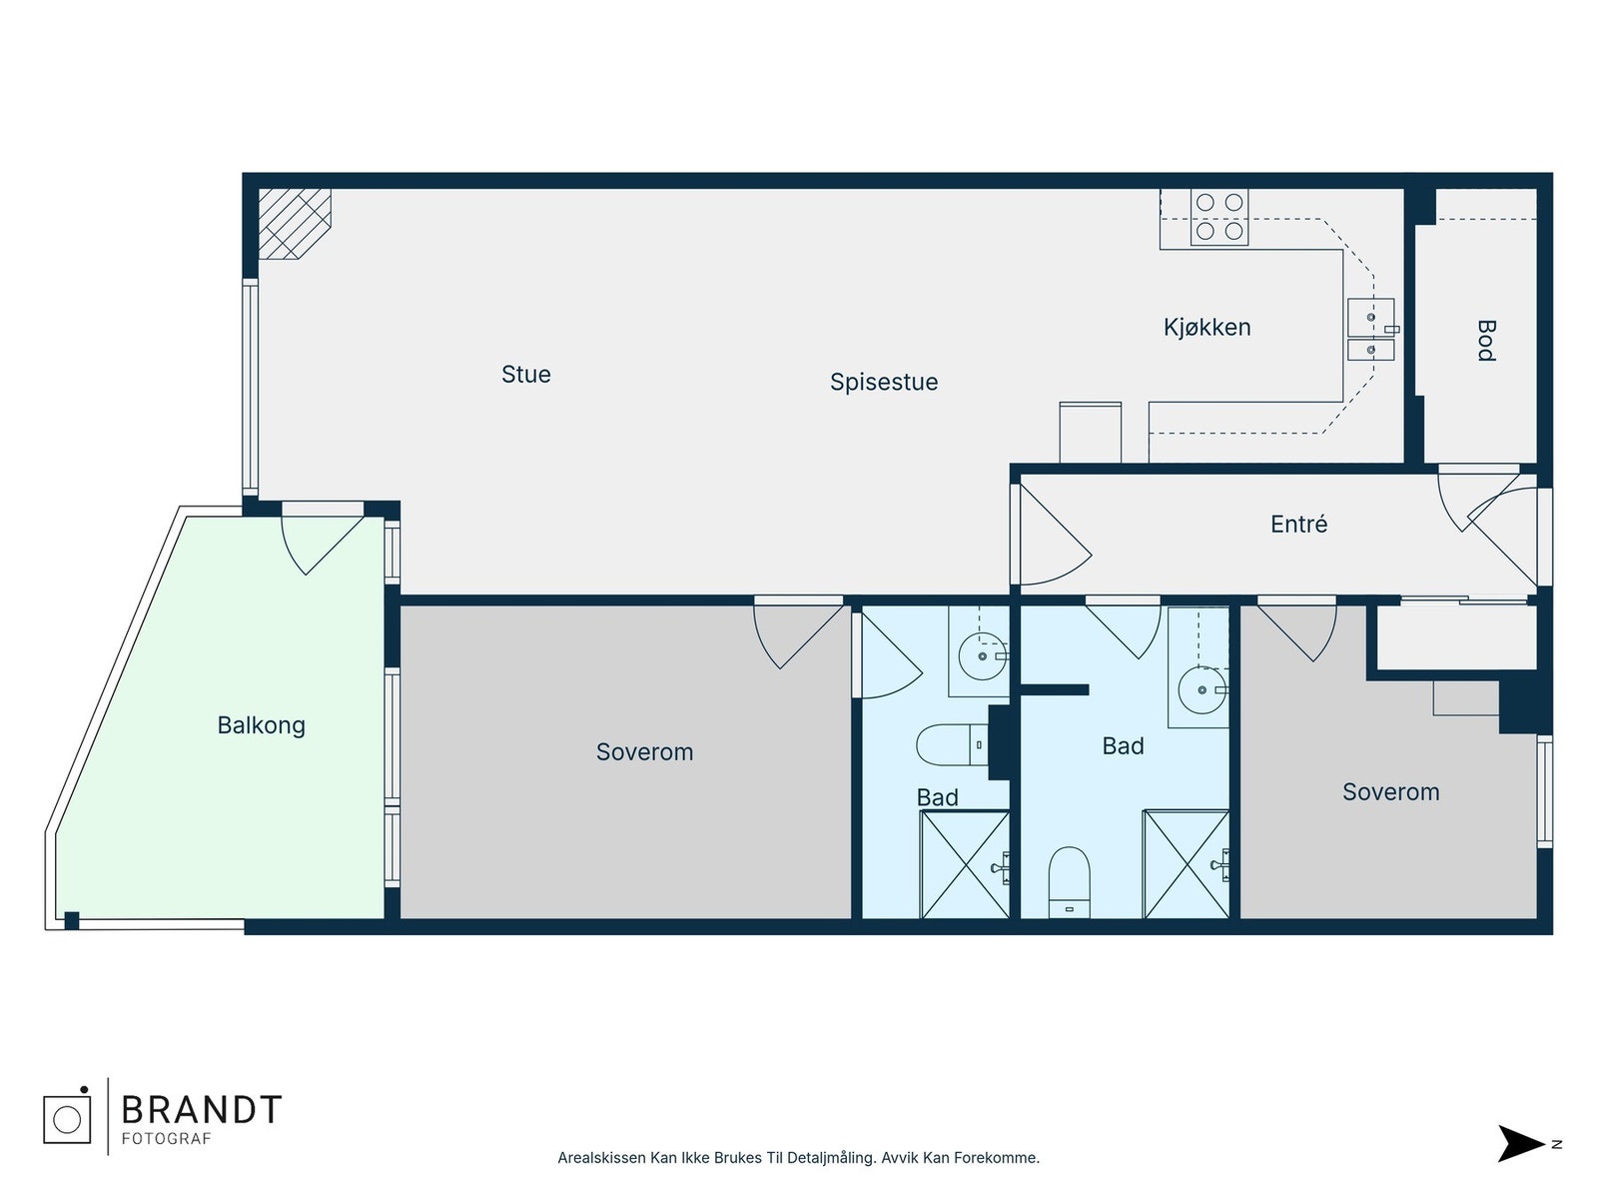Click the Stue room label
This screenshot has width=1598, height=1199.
[x=525, y=374]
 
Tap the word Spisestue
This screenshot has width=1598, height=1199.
[x=883, y=383]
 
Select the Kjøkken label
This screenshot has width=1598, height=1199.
[x=1206, y=328]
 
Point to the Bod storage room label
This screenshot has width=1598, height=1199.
[x=1486, y=341]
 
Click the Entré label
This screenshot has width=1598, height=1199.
[x=1298, y=525]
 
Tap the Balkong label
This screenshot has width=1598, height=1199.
[x=261, y=725]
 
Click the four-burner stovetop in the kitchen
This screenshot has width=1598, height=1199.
[x=1218, y=217]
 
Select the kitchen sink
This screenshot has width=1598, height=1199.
[x=1370, y=329]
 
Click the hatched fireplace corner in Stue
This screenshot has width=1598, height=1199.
[x=294, y=224]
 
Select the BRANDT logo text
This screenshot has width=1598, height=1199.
[x=202, y=1110]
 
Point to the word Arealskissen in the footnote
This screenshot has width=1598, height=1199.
[x=601, y=1157]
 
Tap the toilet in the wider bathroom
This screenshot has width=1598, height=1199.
[x=1069, y=881]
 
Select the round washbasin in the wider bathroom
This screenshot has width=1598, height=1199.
[x=1201, y=690]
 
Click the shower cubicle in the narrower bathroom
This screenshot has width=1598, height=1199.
[x=965, y=865]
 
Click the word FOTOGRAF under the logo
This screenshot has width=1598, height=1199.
[x=166, y=1139]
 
